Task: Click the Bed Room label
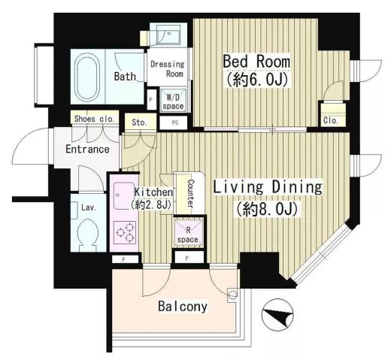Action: click(x=256, y=62)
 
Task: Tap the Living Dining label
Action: click(x=268, y=187)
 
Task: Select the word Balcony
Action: click(x=183, y=306)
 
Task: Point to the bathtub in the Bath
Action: click(x=86, y=77)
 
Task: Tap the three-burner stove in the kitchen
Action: click(x=125, y=233)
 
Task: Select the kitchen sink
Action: click(x=124, y=195)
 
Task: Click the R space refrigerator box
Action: click(x=188, y=232)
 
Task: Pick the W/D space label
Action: click(x=173, y=101)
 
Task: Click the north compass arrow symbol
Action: click(x=277, y=314)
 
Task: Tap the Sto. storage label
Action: click(x=139, y=123)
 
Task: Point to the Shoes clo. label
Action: click(x=94, y=119)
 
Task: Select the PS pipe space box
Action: click(x=174, y=123)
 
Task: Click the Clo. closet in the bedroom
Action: click(x=333, y=115)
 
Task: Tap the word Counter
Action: click(x=191, y=193)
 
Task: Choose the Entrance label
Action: click(x=87, y=150)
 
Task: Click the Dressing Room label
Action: click(x=167, y=68)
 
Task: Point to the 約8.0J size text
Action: click(x=267, y=208)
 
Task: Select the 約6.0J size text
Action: click(x=257, y=80)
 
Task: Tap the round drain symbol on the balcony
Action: click(x=232, y=295)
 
